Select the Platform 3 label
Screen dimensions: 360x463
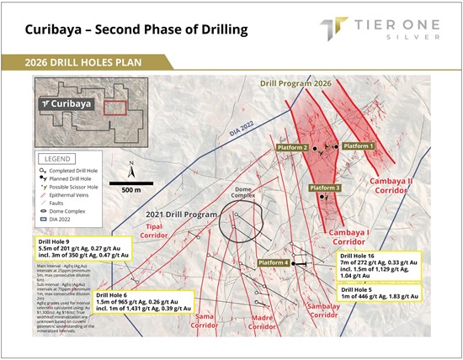tap(325, 188)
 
